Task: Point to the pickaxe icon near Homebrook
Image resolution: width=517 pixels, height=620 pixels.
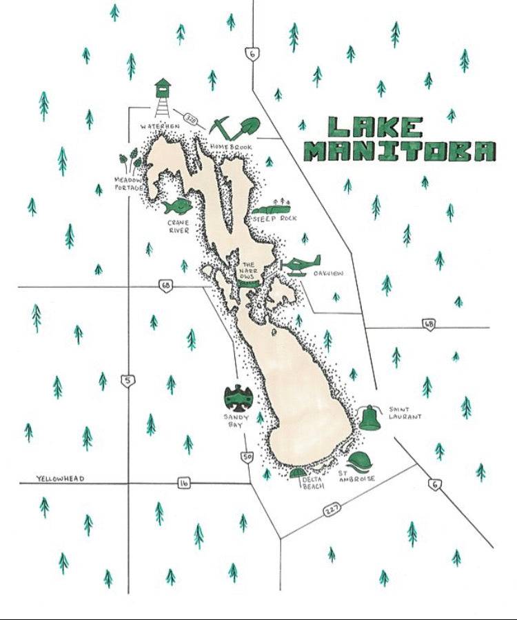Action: click(x=223, y=127)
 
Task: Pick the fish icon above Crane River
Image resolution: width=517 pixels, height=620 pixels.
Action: click(x=176, y=206)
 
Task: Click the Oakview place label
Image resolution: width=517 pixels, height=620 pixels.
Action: click(x=329, y=274)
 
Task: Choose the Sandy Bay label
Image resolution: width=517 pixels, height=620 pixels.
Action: click(x=236, y=421)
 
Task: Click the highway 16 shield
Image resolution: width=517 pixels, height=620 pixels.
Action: click(x=183, y=483)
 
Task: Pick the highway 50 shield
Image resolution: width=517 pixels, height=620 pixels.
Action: click(x=246, y=456)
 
